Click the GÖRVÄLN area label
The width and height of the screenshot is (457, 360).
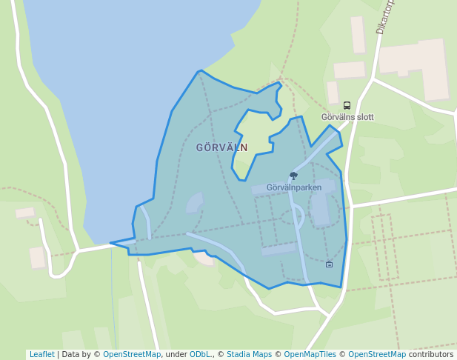221,147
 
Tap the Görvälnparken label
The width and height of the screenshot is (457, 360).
294,187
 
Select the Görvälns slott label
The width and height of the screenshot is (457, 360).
347,117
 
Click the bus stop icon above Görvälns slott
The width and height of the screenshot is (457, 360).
347,106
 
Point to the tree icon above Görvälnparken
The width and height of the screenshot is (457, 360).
293,176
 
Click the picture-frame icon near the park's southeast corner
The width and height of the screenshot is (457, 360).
329,264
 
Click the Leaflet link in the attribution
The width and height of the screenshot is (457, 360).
41,355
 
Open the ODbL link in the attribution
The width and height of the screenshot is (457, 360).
199,355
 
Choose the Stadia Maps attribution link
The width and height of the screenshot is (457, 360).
249,355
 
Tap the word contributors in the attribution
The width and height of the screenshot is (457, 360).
430,355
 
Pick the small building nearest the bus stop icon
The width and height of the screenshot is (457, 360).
333,93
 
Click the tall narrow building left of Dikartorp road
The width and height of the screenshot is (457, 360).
358,34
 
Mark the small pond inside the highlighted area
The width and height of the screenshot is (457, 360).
194,202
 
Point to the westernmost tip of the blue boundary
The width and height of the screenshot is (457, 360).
111,242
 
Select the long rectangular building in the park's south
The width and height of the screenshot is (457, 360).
278,249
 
